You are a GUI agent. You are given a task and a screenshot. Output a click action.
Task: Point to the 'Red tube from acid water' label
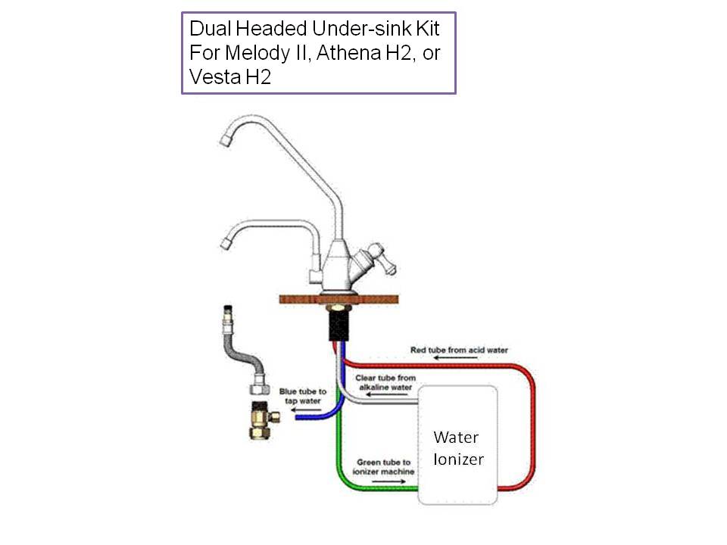[459, 350]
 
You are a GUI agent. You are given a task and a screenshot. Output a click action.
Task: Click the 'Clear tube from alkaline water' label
[385, 382]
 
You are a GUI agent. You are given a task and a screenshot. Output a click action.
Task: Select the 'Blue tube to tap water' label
[304, 396]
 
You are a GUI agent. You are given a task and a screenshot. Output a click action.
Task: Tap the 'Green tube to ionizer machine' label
[385, 466]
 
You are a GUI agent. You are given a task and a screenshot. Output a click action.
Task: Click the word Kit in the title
[426, 30]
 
